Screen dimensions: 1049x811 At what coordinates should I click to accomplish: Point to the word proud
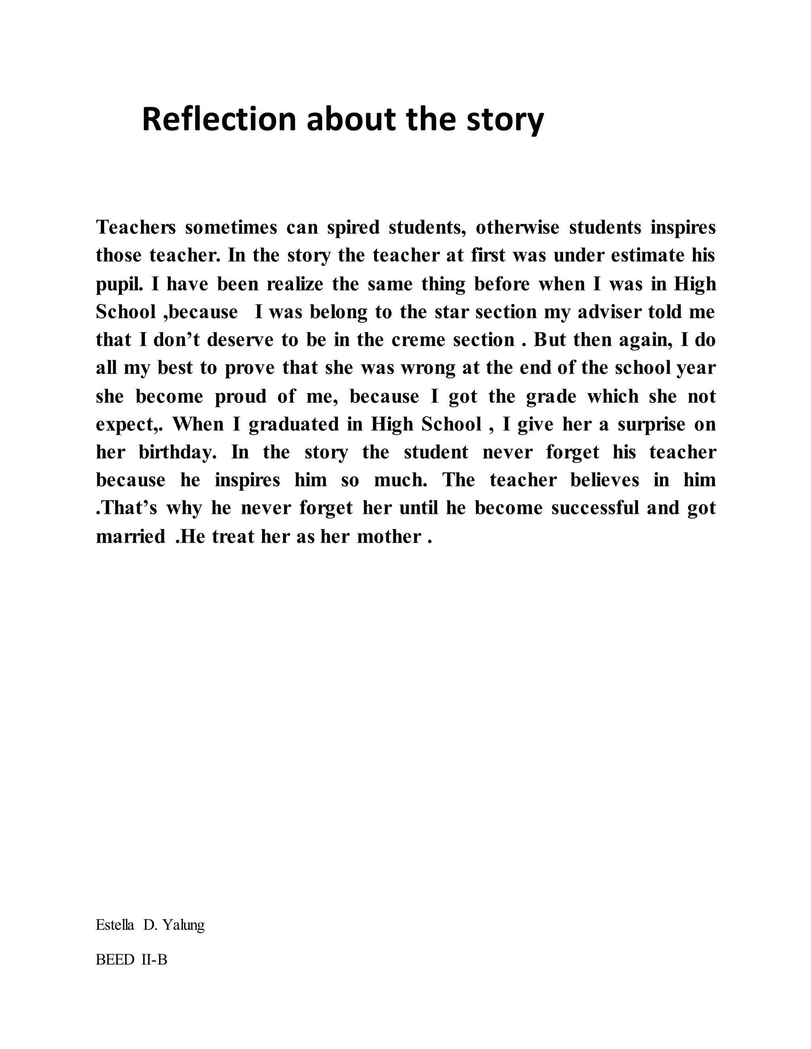(240, 396)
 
